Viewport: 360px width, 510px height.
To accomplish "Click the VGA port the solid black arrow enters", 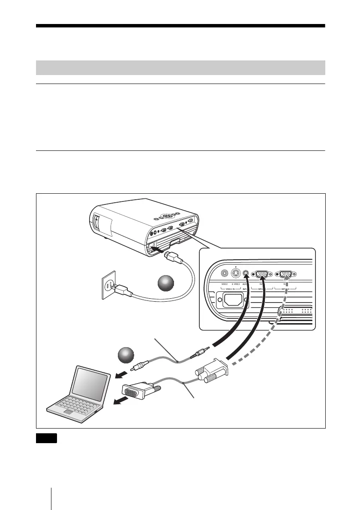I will point(262,272).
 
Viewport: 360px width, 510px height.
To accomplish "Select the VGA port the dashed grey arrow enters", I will point(286,272).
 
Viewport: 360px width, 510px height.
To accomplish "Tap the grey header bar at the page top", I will point(180,68).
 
